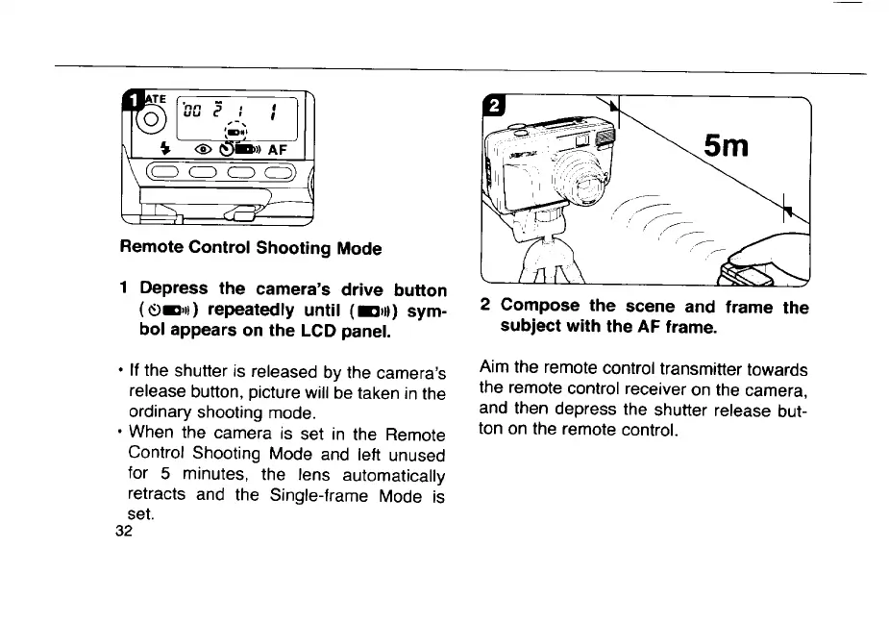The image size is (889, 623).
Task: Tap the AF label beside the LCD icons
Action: (277, 149)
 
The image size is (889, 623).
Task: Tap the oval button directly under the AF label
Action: (277, 173)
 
